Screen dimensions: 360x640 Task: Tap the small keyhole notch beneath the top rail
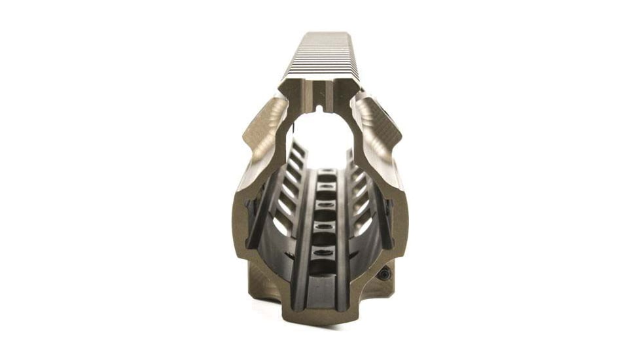click(x=320, y=105)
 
